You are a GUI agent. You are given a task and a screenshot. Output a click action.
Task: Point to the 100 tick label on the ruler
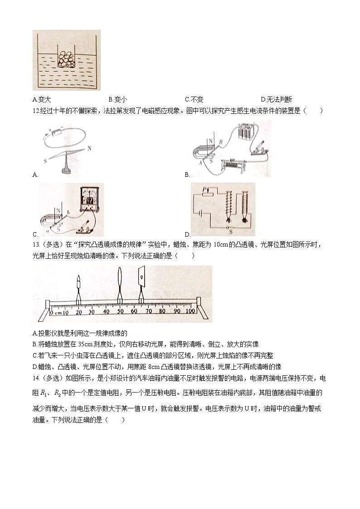coord(190,312)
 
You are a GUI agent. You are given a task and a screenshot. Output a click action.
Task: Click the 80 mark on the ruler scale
coord(162,312)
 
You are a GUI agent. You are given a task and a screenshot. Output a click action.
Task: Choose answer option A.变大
coord(44,99)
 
